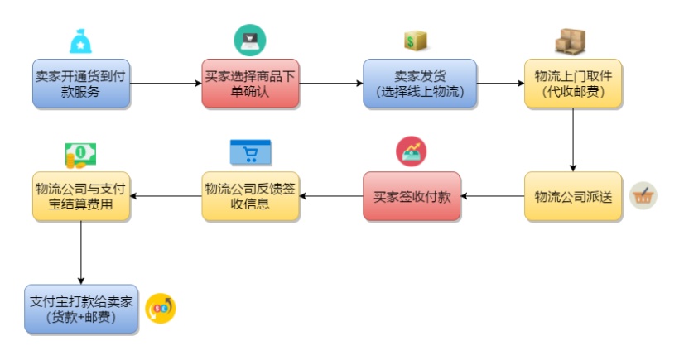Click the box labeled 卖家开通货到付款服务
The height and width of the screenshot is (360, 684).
coord(81,84)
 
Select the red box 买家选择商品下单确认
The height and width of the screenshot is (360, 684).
coord(250,84)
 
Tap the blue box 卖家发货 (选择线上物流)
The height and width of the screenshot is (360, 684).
coord(420,84)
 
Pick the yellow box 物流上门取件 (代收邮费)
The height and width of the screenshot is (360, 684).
coord(573,84)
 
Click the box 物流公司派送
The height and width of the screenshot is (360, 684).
coord(573,196)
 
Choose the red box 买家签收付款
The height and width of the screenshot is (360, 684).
coord(412,196)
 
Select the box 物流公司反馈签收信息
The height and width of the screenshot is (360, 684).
coord(250,196)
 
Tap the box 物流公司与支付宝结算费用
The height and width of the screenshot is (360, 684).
coord(81,196)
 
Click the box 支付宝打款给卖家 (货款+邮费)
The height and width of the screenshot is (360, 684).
coord(81,309)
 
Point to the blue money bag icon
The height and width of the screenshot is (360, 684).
coord(80,41)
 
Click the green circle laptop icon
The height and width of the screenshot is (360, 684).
coord(250,40)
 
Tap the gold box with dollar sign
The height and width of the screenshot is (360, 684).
coord(416,41)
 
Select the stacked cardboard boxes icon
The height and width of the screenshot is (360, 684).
coord(571,41)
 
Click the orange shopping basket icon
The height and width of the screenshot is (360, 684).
coord(643,195)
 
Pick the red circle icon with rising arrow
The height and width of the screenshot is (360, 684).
coord(412,151)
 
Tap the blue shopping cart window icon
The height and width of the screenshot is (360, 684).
coord(250,152)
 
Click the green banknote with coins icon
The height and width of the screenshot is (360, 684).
coord(80,156)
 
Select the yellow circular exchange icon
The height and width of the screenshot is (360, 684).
coord(160,309)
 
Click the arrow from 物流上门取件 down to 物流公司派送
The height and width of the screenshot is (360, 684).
coord(573,140)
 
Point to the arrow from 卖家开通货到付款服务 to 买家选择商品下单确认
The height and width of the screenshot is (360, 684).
coord(166,84)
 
